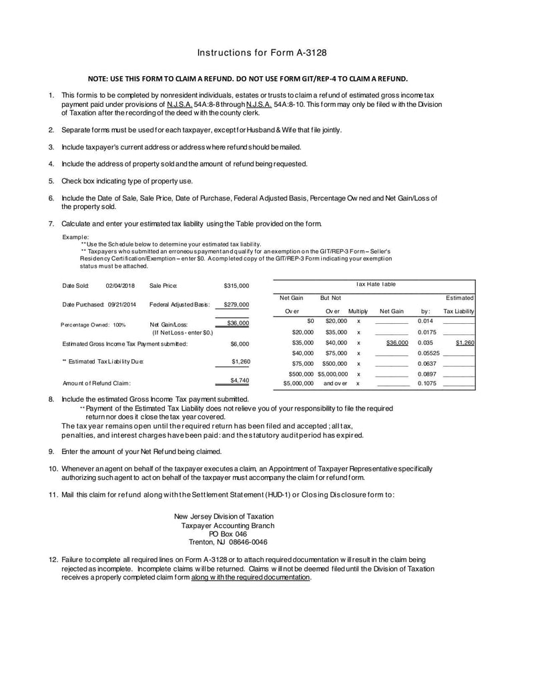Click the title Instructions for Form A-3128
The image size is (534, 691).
[x=262, y=52]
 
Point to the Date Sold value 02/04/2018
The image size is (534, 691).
[x=120, y=286]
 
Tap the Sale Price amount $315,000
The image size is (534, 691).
[x=236, y=286]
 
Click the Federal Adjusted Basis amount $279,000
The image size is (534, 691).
[x=236, y=304]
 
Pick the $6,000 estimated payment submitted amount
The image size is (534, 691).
[x=240, y=344]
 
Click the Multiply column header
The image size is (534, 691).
[x=358, y=311]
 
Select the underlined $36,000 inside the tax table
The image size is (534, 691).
[x=397, y=342]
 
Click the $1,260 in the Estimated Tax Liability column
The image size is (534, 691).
[x=465, y=342]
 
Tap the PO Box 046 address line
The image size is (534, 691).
[x=228, y=534]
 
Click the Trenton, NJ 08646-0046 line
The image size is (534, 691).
[x=228, y=543]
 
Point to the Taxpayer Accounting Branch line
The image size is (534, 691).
[x=228, y=525]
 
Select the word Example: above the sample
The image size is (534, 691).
[x=75, y=237]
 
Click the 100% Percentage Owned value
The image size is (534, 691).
[x=119, y=325]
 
